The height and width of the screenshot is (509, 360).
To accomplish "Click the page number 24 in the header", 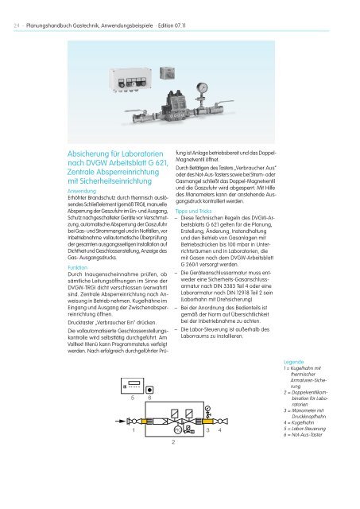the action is click(16, 12).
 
